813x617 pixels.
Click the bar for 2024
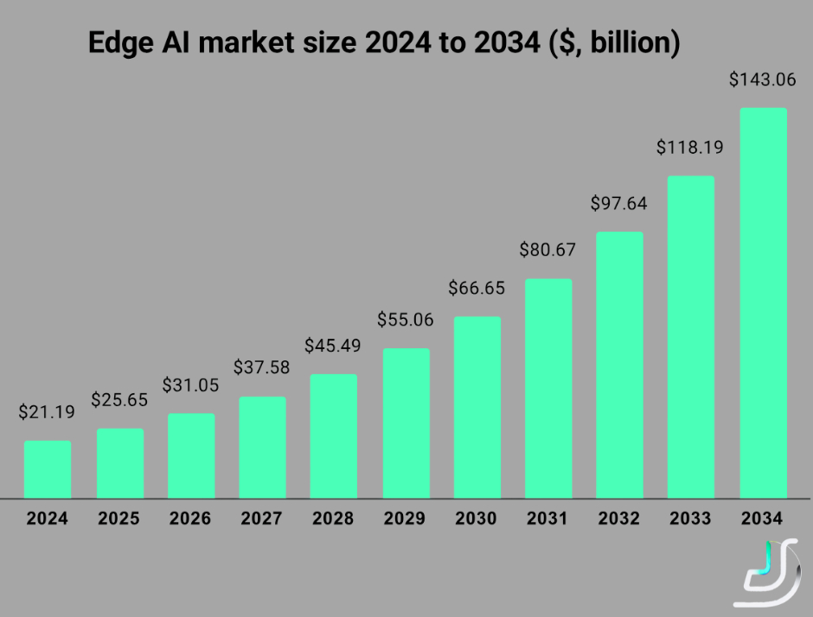[48, 469]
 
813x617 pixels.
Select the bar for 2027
[262, 448]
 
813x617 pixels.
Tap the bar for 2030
[477, 407]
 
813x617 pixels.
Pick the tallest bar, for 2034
[763, 303]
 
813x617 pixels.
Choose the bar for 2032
[619, 365]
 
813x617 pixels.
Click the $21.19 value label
[47, 412]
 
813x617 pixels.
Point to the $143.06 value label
[761, 80]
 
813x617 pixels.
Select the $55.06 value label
[405, 320]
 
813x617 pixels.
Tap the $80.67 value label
[547, 250]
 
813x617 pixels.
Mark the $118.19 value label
[690, 147]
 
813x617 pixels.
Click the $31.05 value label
[191, 385]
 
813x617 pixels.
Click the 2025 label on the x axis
[118, 519]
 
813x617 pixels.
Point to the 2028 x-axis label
[333, 519]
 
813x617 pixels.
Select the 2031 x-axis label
[547, 519]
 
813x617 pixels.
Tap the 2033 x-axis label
[690, 519]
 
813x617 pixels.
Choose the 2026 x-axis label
[190, 519]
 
